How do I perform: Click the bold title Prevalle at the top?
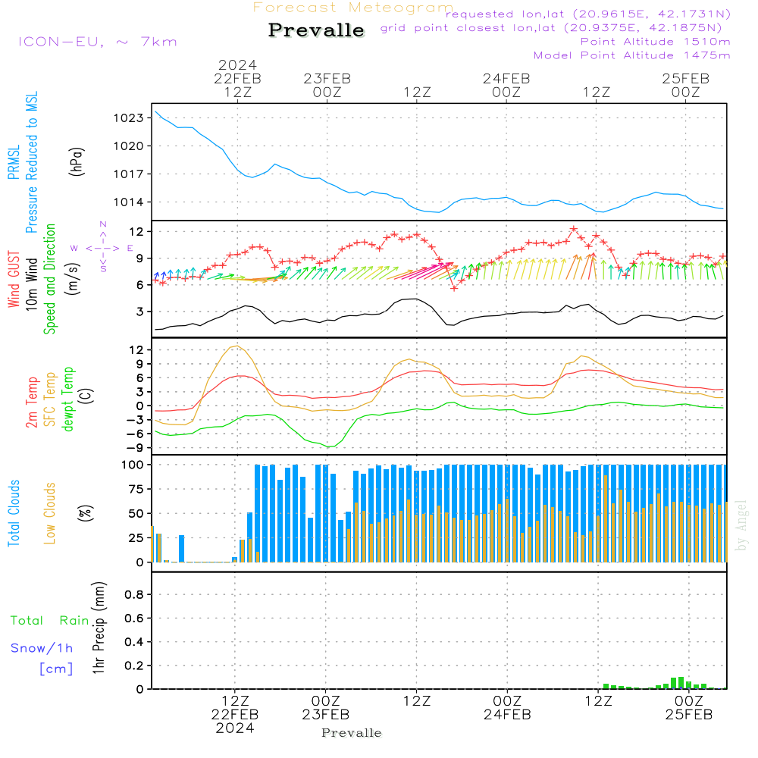tap(316, 30)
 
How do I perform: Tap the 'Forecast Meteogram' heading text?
tap(353, 8)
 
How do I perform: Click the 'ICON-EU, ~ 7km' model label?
tap(98, 42)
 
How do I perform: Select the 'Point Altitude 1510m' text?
tap(655, 42)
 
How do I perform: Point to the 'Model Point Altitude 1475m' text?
tap(631, 55)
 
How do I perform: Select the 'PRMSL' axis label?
tap(12, 163)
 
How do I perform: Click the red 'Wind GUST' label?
tap(14, 278)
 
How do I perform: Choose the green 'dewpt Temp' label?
tap(68, 399)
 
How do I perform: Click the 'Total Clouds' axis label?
tap(14, 513)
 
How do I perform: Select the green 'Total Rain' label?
tap(49, 621)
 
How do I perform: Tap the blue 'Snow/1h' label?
tap(42, 648)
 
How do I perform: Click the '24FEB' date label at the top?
tap(506, 78)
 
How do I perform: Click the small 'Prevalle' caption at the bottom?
tap(352, 733)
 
